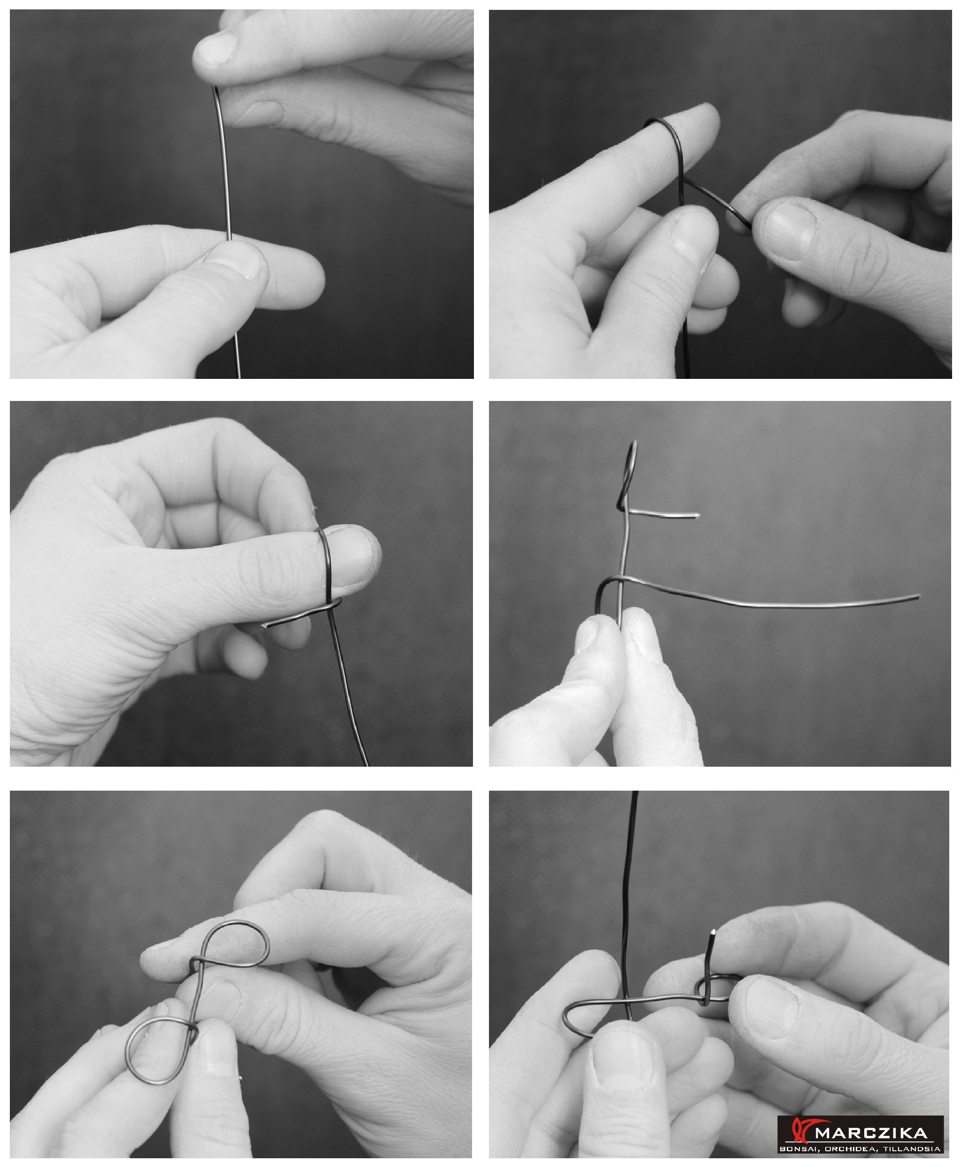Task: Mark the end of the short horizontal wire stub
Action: click(x=698, y=516)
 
